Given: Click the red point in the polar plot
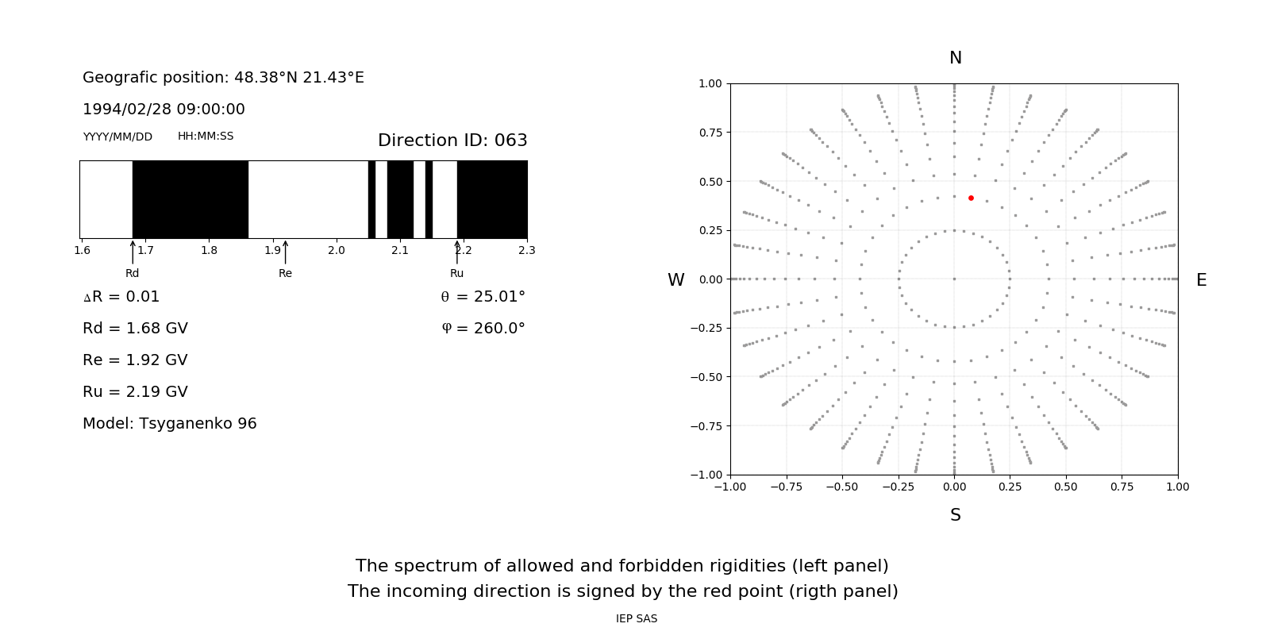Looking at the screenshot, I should point(971,198).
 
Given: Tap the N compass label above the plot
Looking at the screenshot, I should point(956,58).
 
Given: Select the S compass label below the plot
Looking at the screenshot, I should point(956,515).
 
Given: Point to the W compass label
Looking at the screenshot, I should point(675,280).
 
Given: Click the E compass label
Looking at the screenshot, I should point(1201,280).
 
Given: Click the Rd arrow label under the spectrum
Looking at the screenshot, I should point(132,273).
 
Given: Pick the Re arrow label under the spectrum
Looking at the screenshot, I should point(285,273).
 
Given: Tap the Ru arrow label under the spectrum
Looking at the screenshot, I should point(456,273).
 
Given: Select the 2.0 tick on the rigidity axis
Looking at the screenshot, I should point(337,250).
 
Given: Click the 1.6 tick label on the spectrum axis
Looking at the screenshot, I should point(83,250).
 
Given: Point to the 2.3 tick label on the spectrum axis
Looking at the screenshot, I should point(527,250).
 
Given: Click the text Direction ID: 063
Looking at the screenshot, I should point(452,140).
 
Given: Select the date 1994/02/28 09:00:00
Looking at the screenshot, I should point(164,109).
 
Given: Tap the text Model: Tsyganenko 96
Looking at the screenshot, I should point(170,423).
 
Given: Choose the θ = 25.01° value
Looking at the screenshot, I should point(483,296).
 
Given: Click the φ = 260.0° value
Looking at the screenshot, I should point(483,328).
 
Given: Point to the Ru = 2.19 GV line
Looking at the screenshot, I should point(135,391).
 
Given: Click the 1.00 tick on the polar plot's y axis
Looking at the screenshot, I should point(710,83).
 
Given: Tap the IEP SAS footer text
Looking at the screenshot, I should point(636,618).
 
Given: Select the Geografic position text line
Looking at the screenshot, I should point(223,77).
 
